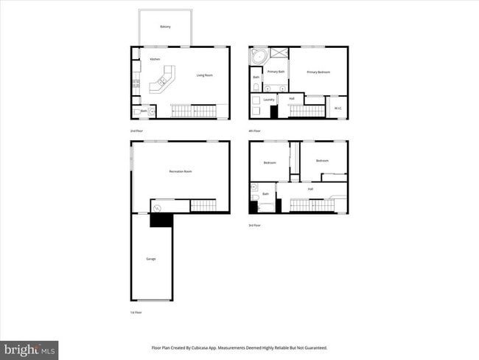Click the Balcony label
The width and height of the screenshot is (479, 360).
(165, 27)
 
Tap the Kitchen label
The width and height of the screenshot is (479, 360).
(155, 59)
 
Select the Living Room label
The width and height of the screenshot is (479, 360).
(204, 75)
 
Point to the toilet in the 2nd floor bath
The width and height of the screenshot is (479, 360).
(151, 112)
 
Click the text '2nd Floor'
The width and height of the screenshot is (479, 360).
(136, 131)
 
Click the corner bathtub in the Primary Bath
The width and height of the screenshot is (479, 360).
(258, 57)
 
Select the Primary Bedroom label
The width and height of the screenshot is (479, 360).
(318, 72)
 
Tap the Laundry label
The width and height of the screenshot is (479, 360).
(269, 100)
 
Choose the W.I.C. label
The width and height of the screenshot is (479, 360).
(338, 108)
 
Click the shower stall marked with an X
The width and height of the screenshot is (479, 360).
(279, 52)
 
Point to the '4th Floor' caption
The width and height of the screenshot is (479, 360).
(255, 131)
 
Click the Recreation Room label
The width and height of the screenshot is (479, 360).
(181, 171)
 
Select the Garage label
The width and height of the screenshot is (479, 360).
(150, 259)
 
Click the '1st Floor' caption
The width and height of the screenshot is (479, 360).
(136, 313)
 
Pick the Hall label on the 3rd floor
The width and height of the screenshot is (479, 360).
(310, 189)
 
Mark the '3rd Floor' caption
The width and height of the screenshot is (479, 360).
(255, 225)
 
